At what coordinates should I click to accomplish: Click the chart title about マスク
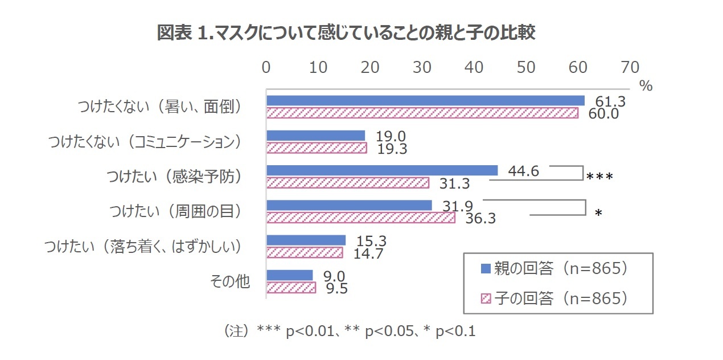[346, 34]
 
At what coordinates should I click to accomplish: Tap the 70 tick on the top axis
[630, 67]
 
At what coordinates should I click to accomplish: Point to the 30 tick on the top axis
[422, 67]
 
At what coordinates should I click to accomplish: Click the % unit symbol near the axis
[645, 86]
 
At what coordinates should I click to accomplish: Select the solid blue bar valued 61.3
[425, 101]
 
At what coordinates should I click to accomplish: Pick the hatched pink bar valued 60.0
[422, 113]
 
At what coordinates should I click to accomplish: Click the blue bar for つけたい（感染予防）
[382, 170]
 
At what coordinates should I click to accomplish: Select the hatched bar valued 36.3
[360, 218]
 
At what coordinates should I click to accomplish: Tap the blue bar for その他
[290, 276]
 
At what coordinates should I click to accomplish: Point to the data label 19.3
[391, 148]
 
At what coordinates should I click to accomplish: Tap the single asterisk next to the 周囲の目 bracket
[598, 213]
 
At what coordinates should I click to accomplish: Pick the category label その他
[230, 281]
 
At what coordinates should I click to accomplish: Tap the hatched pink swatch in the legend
[485, 298]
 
